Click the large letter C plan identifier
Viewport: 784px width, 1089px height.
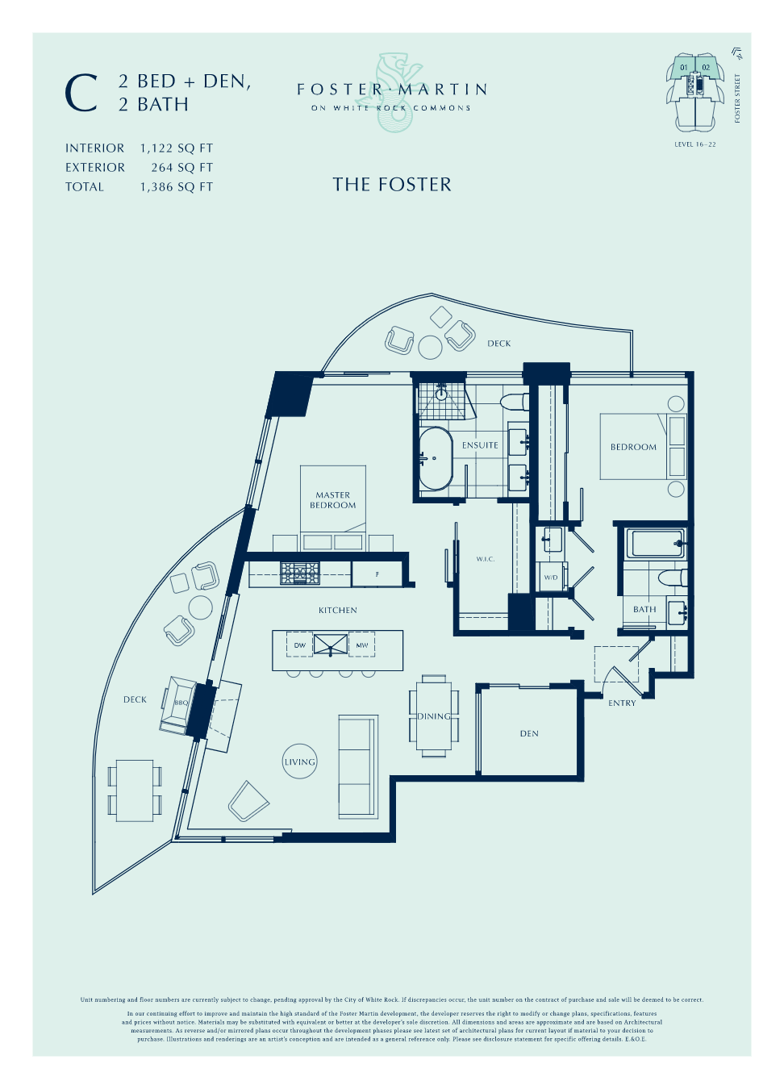[x=81, y=94]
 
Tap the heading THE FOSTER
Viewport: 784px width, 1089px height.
[x=392, y=185]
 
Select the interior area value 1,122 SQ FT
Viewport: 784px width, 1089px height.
[x=177, y=148]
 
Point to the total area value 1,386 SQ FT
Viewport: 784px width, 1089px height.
[x=177, y=187]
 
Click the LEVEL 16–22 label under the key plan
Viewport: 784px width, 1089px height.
[x=694, y=144]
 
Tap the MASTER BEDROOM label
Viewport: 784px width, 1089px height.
[x=333, y=500]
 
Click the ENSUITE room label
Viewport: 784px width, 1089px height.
[x=480, y=445]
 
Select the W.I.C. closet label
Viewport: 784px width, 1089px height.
[x=486, y=559]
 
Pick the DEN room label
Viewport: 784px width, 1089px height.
[x=529, y=734]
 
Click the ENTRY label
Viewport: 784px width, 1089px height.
[x=622, y=703]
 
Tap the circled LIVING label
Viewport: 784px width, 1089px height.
[x=300, y=761]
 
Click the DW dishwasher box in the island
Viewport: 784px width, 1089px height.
[x=300, y=645]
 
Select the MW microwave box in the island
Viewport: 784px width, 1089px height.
[x=362, y=645]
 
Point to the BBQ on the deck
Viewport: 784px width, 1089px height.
[x=180, y=703]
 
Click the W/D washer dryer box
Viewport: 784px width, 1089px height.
[x=551, y=578]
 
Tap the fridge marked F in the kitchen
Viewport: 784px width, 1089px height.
[x=377, y=574]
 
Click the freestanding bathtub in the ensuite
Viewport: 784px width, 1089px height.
[x=436, y=459]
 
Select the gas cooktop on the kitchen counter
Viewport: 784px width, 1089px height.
[x=300, y=574]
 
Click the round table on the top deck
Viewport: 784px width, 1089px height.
[x=430, y=348]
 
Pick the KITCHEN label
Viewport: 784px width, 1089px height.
[x=338, y=611]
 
